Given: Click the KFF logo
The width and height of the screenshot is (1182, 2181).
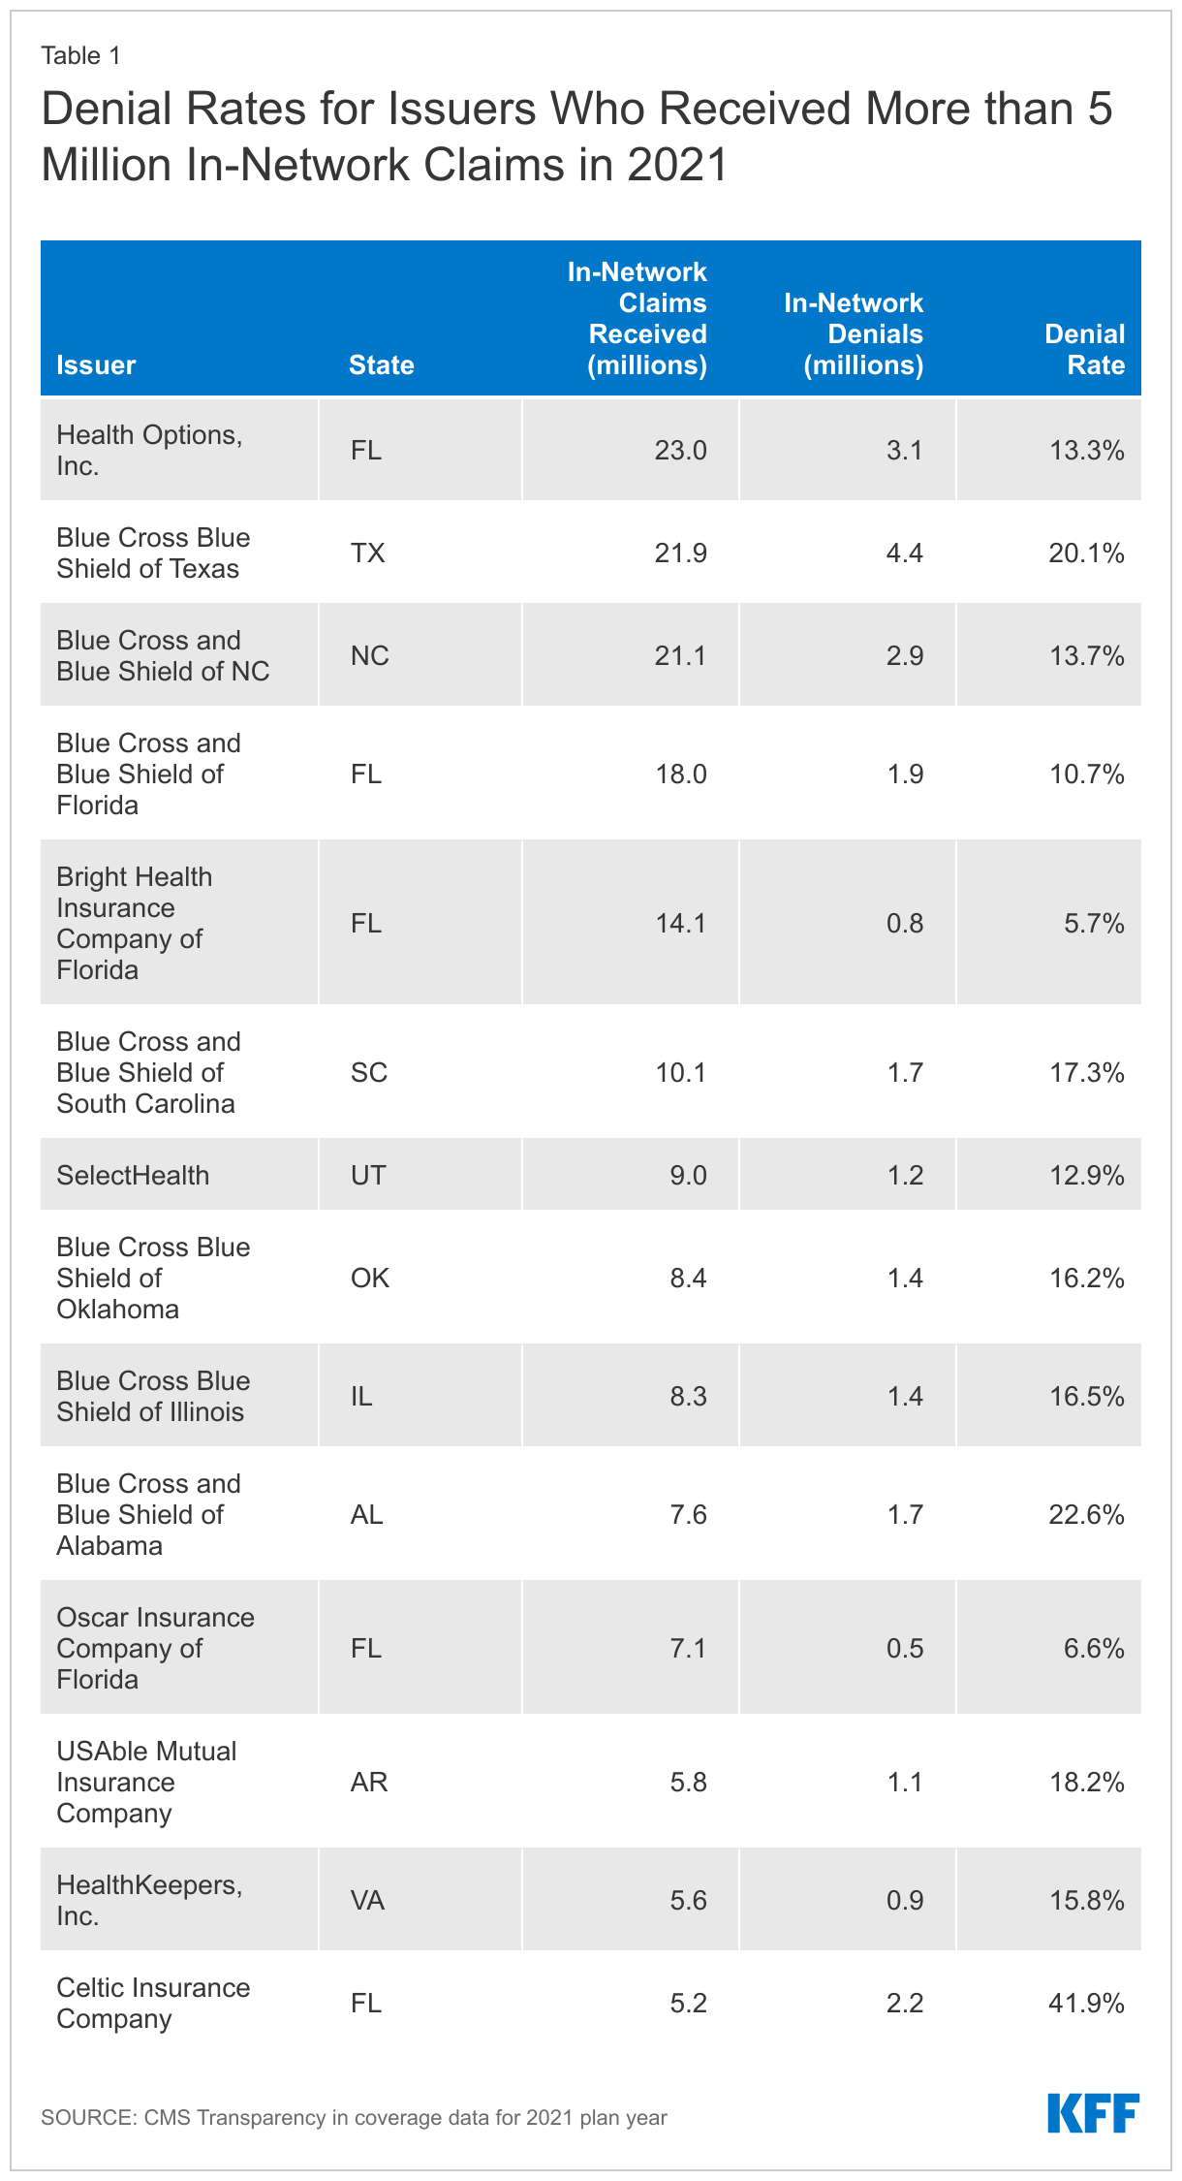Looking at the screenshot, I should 1092,2113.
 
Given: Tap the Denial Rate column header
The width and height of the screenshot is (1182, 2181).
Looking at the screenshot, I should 1084,349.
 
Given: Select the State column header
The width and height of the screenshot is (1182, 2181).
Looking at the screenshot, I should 381,364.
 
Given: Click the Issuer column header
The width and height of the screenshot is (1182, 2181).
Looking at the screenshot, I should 96,364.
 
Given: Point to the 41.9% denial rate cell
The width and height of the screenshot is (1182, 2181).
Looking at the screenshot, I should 1086,2003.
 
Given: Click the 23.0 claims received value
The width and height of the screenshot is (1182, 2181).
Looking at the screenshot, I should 680,450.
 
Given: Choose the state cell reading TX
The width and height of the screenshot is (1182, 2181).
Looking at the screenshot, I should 368,553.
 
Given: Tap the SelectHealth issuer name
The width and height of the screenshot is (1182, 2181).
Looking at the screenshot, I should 133,1175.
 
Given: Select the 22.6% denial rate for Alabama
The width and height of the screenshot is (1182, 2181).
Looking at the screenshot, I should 1086,1514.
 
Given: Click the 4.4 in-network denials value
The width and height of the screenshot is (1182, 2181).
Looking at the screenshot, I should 904,553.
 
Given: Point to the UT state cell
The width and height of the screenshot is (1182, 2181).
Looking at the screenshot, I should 368,1175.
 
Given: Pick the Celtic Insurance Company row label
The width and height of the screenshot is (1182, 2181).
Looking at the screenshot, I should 153,2003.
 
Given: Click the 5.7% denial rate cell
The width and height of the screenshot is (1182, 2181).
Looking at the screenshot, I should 1094,923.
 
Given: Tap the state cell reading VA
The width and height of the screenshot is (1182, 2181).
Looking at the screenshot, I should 368,1900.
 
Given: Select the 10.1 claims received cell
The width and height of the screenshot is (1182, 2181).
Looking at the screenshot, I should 680,1072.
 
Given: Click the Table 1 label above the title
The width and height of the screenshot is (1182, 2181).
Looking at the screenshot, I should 80,55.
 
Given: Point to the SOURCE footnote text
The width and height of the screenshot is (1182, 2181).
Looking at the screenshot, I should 354,2117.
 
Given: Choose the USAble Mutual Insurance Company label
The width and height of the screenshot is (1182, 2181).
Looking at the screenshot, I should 146,1782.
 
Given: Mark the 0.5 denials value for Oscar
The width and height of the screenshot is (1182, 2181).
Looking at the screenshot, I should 904,1648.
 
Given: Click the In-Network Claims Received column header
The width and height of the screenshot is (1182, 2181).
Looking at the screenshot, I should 638,318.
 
